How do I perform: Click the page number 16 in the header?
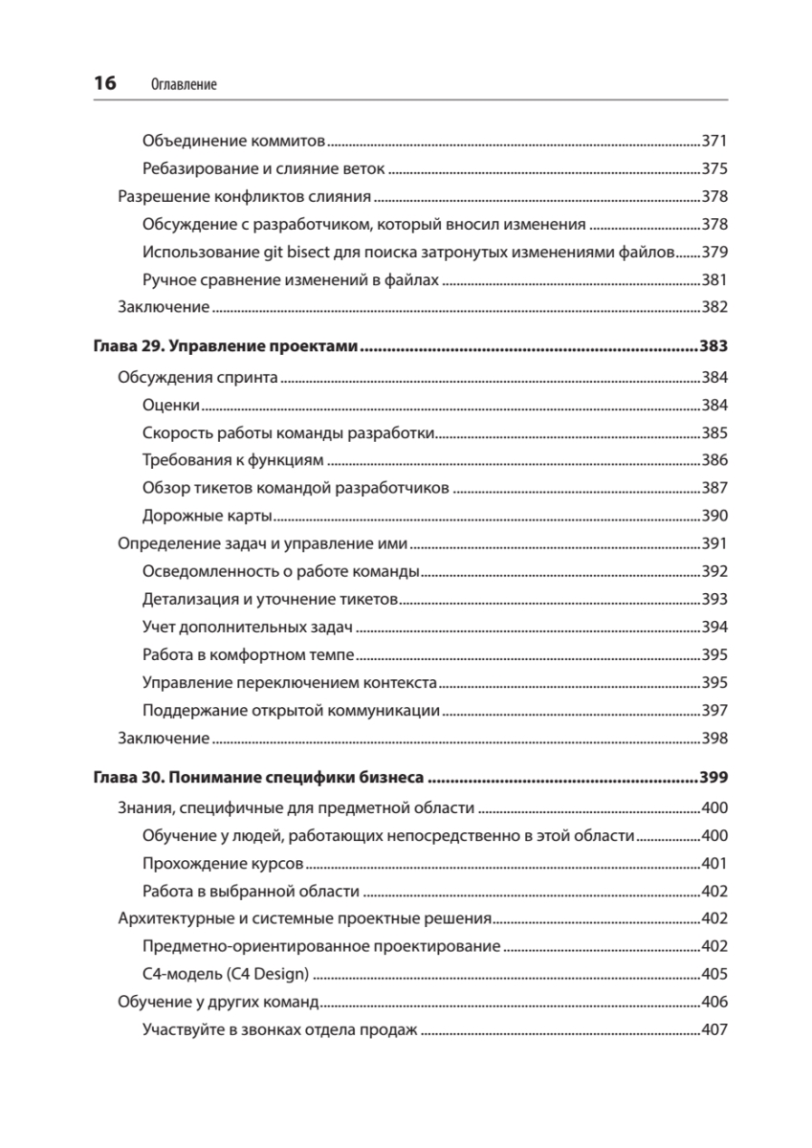click(104, 84)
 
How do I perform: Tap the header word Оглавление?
click(184, 85)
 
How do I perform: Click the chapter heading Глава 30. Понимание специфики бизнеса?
click(259, 777)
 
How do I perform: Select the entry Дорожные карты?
click(207, 516)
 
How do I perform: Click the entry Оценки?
click(170, 405)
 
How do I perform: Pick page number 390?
click(715, 516)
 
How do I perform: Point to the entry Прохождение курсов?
click(222, 863)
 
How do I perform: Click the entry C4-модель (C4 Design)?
click(226, 975)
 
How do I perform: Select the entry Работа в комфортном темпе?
click(248, 655)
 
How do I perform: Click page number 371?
click(715, 141)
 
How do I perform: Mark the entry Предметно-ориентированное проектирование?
click(320, 947)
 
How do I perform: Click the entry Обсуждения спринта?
click(198, 377)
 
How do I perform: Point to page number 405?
click(715, 975)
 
